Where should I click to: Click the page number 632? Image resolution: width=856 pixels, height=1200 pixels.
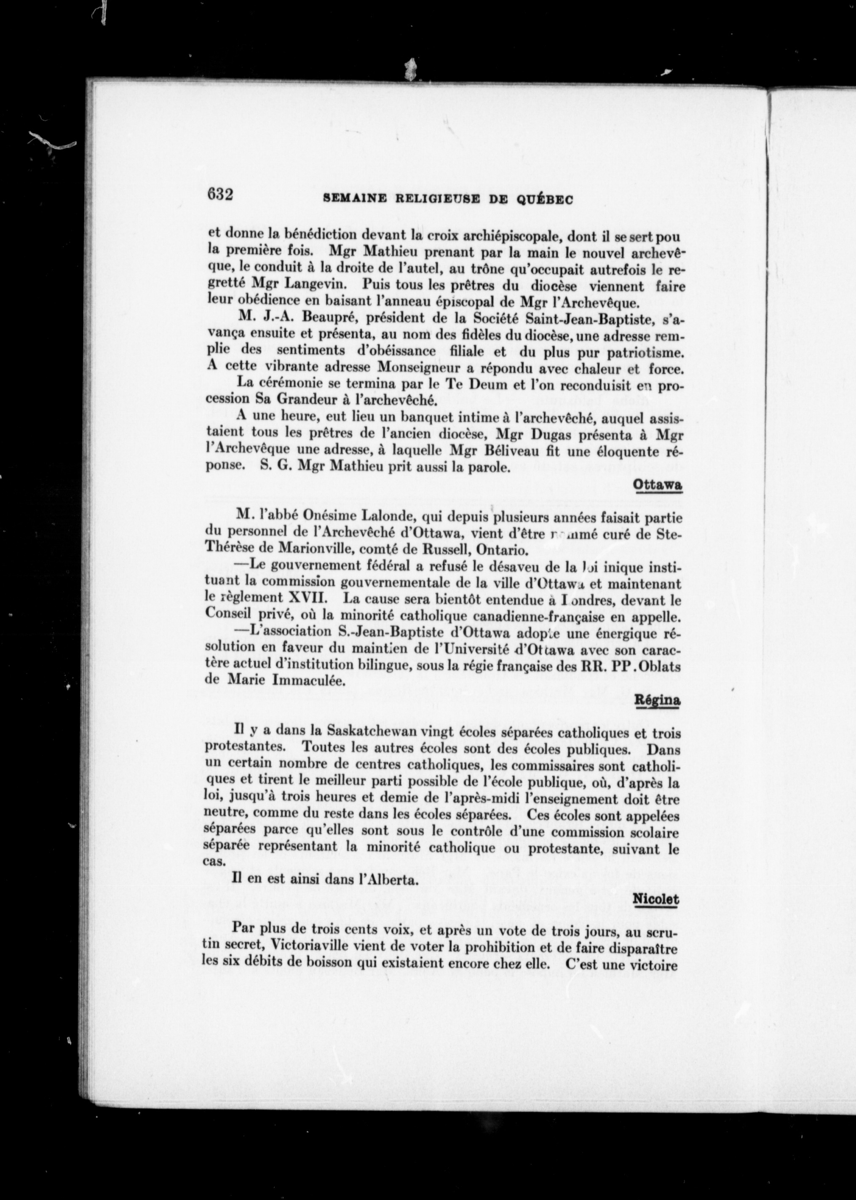coord(220,195)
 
